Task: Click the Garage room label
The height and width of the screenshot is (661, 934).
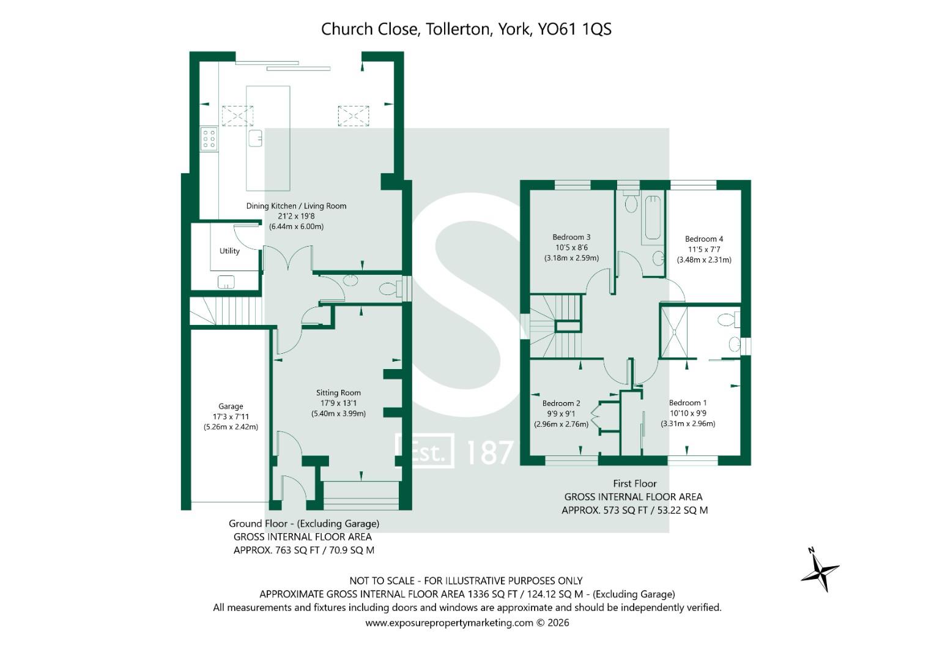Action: [231, 406]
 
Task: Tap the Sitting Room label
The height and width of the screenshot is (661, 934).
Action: [338, 392]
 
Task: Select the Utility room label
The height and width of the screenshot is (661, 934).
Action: [229, 251]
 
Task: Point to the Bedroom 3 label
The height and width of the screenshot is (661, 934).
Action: [571, 237]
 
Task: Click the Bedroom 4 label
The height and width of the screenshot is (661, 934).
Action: [704, 239]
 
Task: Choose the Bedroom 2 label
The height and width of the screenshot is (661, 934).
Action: [561, 403]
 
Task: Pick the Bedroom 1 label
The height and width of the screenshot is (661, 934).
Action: [688, 403]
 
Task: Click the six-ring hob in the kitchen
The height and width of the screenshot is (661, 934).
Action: [209, 138]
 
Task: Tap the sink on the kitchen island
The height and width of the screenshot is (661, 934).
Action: [255, 138]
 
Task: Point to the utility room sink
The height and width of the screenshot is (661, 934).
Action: [226, 282]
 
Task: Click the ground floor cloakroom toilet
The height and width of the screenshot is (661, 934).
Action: [390, 288]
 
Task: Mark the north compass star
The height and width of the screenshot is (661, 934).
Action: [820, 571]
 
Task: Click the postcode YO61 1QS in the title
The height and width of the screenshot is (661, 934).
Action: [574, 29]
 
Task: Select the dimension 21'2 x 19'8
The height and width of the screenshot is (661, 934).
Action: [296, 216]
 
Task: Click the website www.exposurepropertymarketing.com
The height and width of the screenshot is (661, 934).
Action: [450, 623]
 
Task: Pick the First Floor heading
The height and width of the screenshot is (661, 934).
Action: [635, 484]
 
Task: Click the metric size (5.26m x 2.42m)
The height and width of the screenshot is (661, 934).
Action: [231, 427]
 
